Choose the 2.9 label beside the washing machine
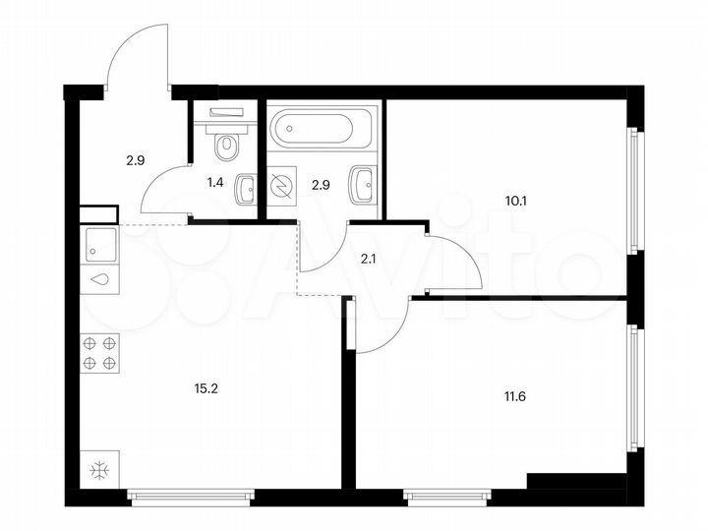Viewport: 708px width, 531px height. pos(321,183)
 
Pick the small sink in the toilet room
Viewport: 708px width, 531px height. pos(246,187)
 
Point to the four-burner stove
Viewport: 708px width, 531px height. pos(99,353)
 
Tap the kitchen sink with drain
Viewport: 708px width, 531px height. pos(99,260)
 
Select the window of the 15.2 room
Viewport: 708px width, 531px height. pos(192,497)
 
